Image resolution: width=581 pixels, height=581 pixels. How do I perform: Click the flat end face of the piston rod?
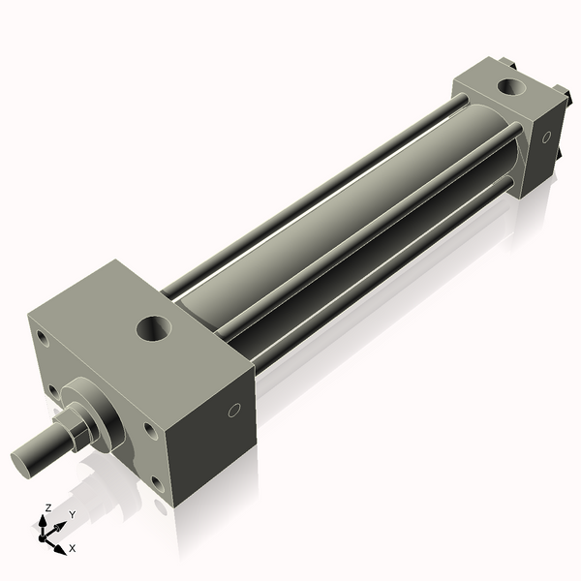tap(20, 464)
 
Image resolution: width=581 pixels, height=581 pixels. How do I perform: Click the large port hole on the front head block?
tap(154, 328)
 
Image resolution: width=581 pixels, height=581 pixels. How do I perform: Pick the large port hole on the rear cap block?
tap(511, 87)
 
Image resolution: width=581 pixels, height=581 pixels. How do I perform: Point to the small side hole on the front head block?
tap(233, 411)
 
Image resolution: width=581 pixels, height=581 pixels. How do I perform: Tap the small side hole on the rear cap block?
tap(546, 138)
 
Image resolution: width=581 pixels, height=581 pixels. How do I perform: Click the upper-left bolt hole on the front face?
tap(43, 338)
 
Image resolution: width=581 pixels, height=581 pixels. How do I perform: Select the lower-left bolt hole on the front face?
tap(54, 393)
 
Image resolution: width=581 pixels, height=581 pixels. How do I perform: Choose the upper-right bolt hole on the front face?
tap(151, 432)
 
